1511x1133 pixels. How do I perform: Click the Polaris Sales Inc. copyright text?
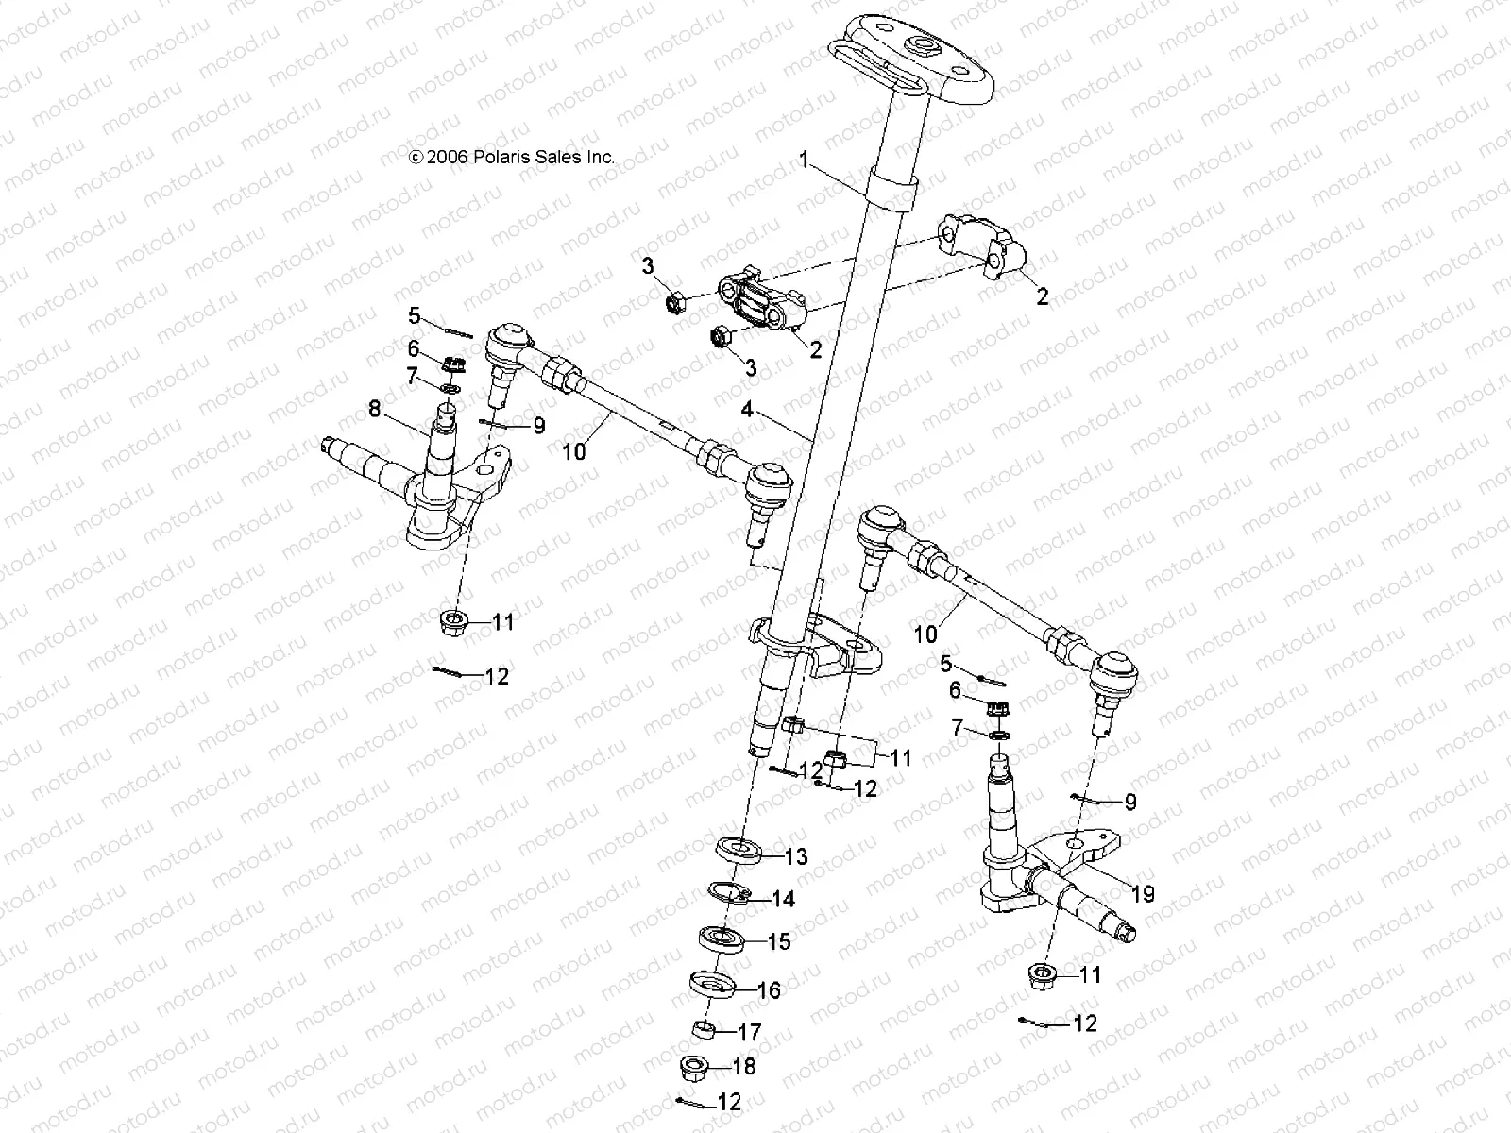pos(511,158)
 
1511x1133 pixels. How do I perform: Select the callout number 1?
pos(804,161)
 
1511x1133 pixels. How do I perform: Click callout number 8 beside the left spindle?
pos(375,409)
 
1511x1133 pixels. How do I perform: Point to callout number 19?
pos(1143,893)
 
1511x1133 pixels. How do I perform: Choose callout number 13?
pos(796,856)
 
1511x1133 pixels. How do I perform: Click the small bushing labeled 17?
pos(703,1029)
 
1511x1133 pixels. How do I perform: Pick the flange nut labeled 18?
pos(695,1068)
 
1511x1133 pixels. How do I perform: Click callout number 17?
pos(750,1032)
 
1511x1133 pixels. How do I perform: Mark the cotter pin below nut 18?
pos(689,1102)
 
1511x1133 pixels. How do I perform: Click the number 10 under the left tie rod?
pos(574,451)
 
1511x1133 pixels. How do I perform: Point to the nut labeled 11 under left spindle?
pos(455,623)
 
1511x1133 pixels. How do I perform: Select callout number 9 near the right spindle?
pos(1129,803)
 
